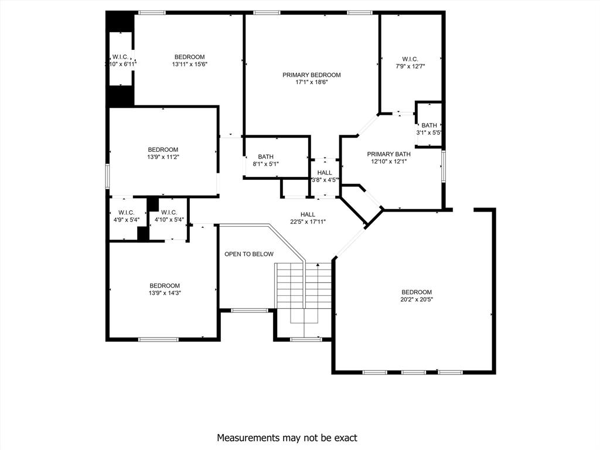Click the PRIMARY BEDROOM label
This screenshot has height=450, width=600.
pyautogui.click(x=311, y=75)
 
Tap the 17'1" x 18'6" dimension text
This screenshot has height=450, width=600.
pyautogui.click(x=311, y=83)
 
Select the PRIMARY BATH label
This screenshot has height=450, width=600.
pyautogui.click(x=388, y=154)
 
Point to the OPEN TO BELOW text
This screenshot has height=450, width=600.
pyautogui.click(x=249, y=254)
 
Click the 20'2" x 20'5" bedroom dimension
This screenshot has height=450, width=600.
pyautogui.click(x=417, y=299)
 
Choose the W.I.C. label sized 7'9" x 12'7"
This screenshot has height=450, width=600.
pyautogui.click(x=410, y=59)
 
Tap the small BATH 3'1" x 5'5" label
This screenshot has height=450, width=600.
pyautogui.click(x=429, y=125)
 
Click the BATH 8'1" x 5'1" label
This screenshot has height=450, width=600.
pyautogui.click(x=266, y=157)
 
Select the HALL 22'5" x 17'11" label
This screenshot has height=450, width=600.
pyautogui.click(x=308, y=214)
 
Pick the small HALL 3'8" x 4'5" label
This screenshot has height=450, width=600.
pyautogui.click(x=325, y=173)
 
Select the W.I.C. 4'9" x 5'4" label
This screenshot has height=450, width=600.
pyautogui.click(x=126, y=213)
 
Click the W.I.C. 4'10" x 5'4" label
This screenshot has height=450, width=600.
pyautogui.click(x=169, y=213)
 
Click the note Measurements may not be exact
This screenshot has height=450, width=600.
pyautogui.click(x=287, y=438)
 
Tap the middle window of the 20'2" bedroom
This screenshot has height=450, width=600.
pyautogui.click(x=414, y=372)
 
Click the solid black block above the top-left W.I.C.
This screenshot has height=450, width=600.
pyautogui.click(x=120, y=22)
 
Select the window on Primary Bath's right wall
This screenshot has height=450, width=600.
pyautogui.click(x=444, y=163)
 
